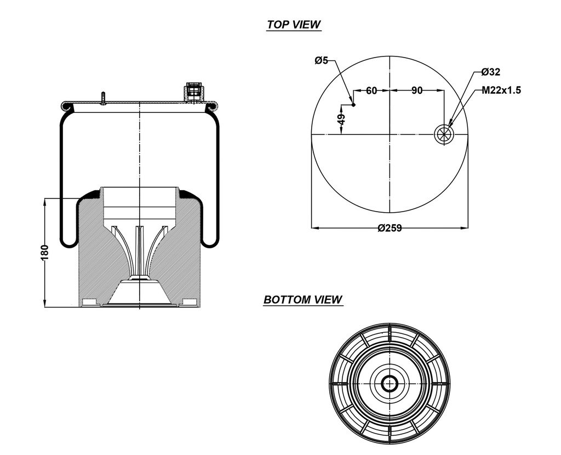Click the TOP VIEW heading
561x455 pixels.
coord(293,25)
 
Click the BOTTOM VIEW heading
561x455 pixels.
coord(302,300)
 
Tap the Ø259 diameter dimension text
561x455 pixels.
coord(390,228)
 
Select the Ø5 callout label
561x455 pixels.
coord(322,61)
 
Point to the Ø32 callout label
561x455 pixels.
coord(490,72)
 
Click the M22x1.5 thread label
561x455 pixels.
coord(501,90)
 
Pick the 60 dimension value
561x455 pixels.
coord(371,90)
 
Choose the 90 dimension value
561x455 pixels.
coord(417,90)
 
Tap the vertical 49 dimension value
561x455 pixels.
coord(341,120)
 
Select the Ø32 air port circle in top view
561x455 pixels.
coord(443,134)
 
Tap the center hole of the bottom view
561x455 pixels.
coord(390,383)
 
